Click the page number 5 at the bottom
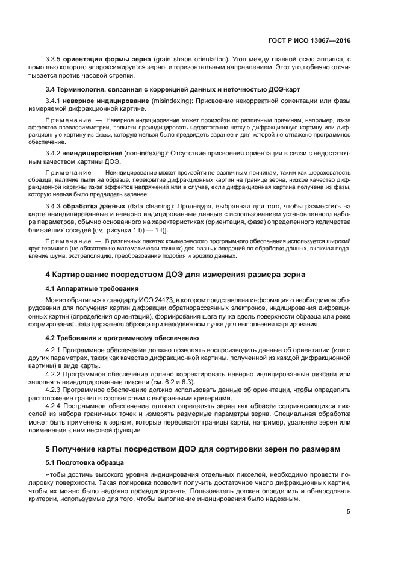(x=349, y=512)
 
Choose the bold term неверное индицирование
(x=106, y=101)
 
